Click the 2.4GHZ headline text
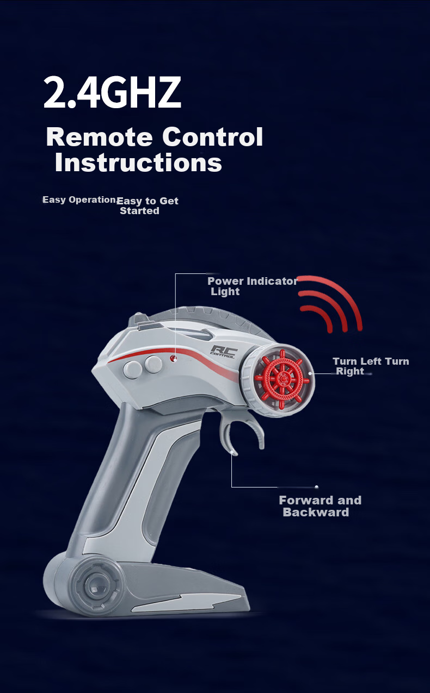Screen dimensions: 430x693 [x=112, y=92]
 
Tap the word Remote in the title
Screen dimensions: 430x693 [x=99, y=137]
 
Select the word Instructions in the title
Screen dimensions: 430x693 [x=138, y=163]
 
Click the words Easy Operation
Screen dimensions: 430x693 [x=79, y=200]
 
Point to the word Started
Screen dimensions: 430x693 [x=139, y=211]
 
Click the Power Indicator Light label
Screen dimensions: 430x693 [x=253, y=286]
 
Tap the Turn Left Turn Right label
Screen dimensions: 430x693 [x=371, y=366]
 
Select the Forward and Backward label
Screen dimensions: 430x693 [x=320, y=506]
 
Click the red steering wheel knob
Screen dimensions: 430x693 [x=282, y=379]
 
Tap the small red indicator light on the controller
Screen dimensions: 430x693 [x=174, y=359]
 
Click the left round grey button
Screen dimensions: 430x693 [x=132, y=370]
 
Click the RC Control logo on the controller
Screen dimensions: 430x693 [x=224, y=352]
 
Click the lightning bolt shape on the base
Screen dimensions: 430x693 [x=186, y=603]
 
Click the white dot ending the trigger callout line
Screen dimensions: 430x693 [x=316, y=487]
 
